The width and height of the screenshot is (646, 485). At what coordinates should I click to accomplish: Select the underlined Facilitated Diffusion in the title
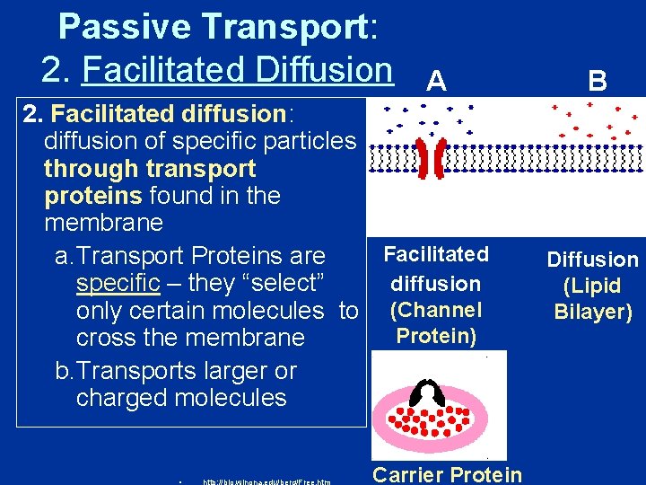[237, 69]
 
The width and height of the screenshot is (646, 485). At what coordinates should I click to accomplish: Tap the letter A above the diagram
[436, 83]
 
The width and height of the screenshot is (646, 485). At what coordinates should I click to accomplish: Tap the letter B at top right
[598, 83]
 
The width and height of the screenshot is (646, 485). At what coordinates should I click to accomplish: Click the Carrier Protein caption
[447, 474]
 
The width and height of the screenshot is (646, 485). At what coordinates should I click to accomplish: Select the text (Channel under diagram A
[436, 310]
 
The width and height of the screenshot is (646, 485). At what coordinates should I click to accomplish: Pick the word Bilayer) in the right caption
[593, 313]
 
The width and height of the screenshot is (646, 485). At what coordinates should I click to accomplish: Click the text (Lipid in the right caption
[592, 287]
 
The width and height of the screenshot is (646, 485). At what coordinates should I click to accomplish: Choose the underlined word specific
[118, 284]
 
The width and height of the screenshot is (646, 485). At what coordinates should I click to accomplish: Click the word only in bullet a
[101, 311]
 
